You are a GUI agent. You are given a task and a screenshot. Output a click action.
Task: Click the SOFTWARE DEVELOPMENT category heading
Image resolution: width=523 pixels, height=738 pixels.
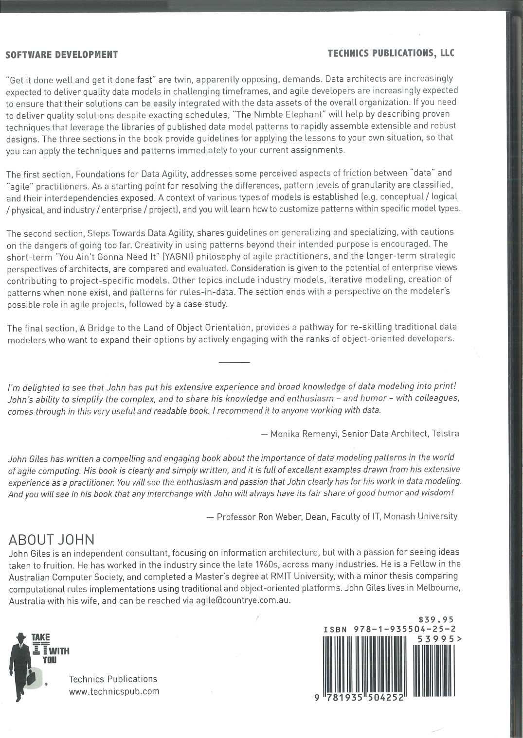coord(61,54)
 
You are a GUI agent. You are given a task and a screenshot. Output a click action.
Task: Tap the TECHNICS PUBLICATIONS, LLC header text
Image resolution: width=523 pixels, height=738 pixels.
coord(391,53)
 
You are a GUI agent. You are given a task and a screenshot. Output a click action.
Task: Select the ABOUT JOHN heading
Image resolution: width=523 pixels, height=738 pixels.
coord(52,540)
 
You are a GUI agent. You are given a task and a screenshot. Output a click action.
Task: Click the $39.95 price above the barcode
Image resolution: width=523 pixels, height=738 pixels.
coord(436,619)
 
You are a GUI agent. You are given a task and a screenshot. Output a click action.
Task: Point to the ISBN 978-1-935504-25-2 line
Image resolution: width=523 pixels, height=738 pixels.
coord(389,629)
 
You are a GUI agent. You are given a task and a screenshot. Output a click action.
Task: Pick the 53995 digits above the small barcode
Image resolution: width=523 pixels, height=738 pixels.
coord(436,639)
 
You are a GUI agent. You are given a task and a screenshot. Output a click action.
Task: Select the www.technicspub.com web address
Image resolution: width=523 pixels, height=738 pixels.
coord(114,691)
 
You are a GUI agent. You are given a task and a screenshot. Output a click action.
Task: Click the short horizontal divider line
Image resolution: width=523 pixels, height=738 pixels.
coord(234,363)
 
